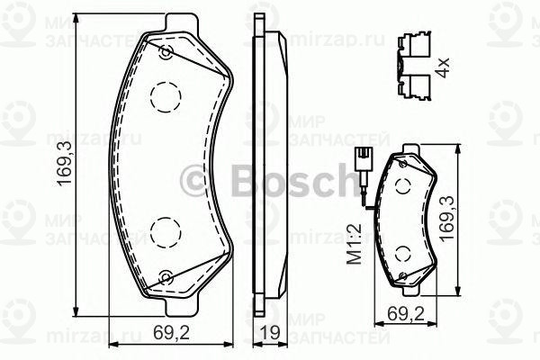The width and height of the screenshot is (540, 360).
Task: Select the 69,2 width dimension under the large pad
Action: (170, 331)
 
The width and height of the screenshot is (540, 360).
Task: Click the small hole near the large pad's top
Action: (165, 52)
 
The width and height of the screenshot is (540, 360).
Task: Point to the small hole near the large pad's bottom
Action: (165, 276)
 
